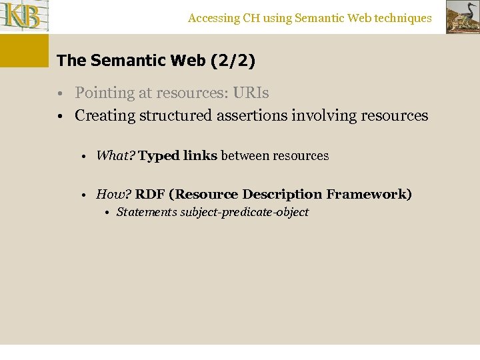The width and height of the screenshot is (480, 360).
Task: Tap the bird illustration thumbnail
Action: point(463,17)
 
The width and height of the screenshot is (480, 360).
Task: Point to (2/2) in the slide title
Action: point(233,61)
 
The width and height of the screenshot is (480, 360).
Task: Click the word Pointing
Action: point(102,93)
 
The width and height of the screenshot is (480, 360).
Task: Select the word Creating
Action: point(103,116)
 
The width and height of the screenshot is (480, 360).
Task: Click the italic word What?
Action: point(115,156)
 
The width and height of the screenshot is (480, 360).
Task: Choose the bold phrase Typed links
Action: point(178,156)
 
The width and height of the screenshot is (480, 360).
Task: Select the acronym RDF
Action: point(150,195)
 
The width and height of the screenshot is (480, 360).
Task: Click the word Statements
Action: point(147,213)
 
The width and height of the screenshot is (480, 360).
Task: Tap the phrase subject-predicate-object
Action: point(245,213)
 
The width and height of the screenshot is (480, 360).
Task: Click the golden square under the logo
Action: point(24,51)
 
